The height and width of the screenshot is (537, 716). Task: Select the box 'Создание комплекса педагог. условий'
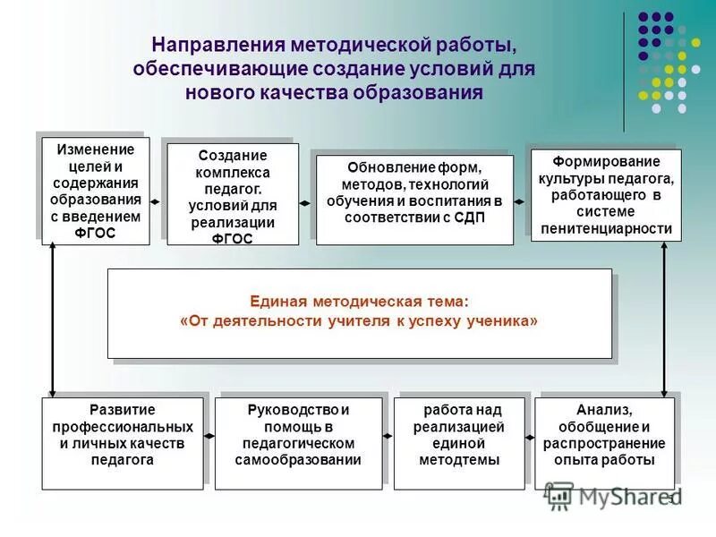[233, 195]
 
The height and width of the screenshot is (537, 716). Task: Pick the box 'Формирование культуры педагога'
[606, 195]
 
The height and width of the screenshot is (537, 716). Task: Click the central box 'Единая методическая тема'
[360, 313]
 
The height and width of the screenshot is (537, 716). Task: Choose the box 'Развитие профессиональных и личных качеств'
[123, 443]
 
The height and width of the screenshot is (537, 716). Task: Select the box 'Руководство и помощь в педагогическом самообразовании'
[298, 443]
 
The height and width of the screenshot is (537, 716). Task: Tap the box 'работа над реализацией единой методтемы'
[459, 443]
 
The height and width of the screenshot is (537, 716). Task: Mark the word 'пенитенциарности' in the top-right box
[606, 228]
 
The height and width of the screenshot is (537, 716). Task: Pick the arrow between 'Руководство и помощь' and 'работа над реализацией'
[388, 435]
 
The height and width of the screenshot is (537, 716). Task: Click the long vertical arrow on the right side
[664, 320]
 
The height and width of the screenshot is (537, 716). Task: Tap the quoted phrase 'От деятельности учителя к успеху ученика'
[360, 322]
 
